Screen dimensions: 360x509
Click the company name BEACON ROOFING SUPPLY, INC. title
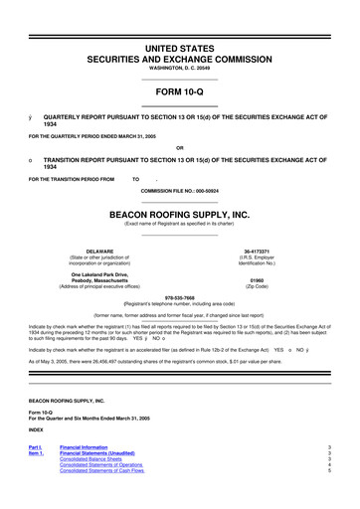pos(179,213)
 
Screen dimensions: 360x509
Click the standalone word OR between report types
pos(179,151)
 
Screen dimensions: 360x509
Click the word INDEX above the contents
pos(36,429)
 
